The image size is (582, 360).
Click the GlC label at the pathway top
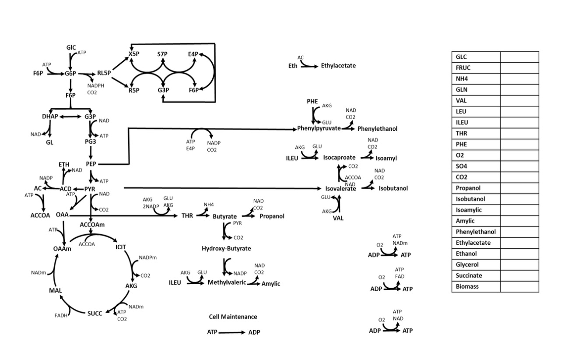click(x=71, y=47)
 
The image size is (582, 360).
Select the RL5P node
click(x=104, y=73)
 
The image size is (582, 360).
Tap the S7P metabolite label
click(x=162, y=54)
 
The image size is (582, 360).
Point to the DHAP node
click(x=50, y=116)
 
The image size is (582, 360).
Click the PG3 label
click(x=91, y=141)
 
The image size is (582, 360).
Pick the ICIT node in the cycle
click(x=121, y=247)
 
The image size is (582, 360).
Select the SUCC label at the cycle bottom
click(x=95, y=313)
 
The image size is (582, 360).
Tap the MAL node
click(x=55, y=291)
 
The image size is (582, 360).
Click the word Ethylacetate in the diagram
click(x=338, y=66)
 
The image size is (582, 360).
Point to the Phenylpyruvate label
click(x=319, y=129)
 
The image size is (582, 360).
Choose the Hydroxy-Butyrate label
click(x=226, y=248)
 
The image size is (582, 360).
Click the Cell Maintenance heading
click(x=233, y=317)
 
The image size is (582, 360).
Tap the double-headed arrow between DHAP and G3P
click(x=70, y=116)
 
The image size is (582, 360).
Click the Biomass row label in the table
click(x=467, y=287)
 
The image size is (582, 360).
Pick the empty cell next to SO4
click(x=519, y=166)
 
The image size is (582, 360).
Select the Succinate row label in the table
click(x=469, y=276)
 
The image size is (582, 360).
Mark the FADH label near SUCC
click(x=61, y=315)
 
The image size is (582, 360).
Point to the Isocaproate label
click(x=339, y=158)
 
